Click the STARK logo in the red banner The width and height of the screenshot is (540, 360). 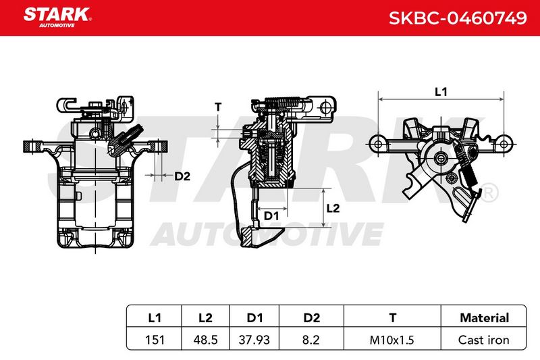point(57,18)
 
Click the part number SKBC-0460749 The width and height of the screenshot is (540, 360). point(458,18)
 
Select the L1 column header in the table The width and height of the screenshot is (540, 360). point(155,317)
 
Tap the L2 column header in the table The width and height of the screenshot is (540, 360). point(206,317)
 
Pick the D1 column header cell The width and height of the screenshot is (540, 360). point(254,317)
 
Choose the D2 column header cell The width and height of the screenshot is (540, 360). point(311,317)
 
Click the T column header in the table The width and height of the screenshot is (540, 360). point(392,317)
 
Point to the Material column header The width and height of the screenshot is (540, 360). point(484,317)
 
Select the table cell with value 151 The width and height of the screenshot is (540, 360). point(155,340)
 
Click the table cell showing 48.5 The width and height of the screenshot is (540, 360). point(206,340)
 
